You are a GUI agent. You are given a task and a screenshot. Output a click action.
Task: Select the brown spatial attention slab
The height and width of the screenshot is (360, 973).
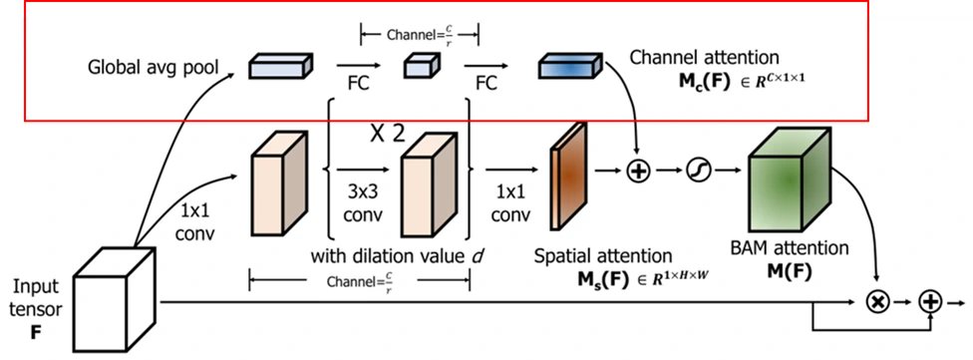point(568,175)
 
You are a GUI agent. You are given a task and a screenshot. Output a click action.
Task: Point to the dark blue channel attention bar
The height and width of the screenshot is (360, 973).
point(570,67)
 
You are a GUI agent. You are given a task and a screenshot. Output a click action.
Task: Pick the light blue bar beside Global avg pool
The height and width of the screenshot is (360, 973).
point(280,66)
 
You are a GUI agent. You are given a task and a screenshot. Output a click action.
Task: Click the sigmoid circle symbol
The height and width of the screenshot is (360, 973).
point(698,171)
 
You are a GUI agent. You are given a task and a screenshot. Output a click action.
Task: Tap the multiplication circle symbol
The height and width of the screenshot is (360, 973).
point(878,302)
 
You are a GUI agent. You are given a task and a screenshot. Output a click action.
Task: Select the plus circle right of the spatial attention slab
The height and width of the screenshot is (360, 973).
point(637,171)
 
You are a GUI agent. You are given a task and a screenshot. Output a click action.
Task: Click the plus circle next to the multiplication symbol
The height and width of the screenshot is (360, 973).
point(931,302)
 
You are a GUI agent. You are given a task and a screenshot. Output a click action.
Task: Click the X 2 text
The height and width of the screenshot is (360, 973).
point(387,134)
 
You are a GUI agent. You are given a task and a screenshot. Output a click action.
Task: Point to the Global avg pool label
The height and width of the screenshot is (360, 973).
point(153,67)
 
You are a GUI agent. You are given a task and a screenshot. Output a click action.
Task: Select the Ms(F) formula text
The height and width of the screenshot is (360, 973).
point(642,279)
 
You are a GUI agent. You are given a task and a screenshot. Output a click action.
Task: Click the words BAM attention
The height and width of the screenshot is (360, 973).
point(790,249)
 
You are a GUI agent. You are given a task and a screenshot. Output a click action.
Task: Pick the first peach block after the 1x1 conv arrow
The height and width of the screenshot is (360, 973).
point(278,183)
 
